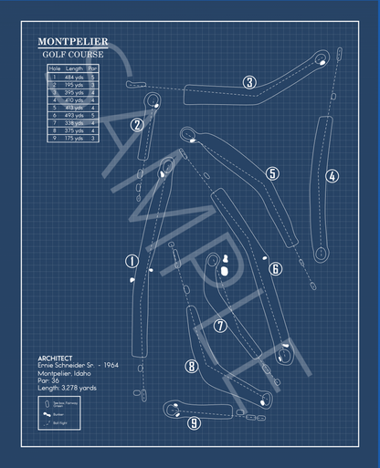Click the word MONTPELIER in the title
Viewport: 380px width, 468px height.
pos(72,42)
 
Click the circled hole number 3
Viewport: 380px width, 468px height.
pos(249,82)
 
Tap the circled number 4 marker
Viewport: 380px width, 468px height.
pos(332,176)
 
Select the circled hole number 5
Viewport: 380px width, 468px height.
pos(272,173)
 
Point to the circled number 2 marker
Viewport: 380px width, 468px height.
pos(137,125)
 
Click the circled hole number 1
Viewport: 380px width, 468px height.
pos(132,262)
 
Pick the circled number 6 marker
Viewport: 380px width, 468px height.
pos(275,268)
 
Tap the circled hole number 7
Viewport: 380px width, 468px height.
pos(219,325)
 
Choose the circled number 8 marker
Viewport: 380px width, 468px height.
pos(191,367)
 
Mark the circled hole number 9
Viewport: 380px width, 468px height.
pos(194,422)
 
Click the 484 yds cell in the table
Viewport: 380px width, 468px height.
pos(74,78)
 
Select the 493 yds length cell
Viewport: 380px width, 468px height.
pos(74,115)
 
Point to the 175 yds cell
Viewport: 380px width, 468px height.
pos(74,138)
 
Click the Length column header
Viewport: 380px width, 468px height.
pos(74,68)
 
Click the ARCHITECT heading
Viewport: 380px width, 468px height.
pos(56,358)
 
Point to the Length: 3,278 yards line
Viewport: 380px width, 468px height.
pos(69,388)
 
